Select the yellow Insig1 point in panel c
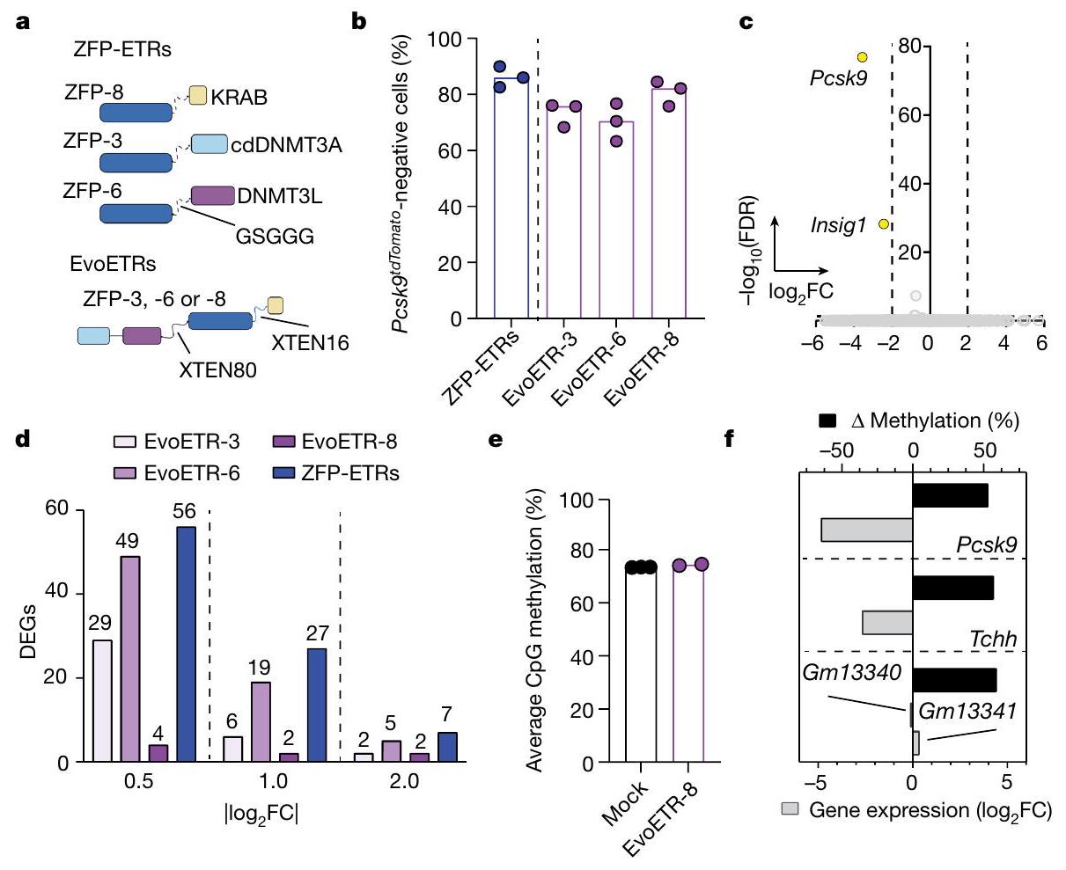(x=884, y=224)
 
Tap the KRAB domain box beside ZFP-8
(x=197, y=96)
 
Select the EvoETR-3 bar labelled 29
(x=102, y=700)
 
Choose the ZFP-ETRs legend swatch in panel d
(x=287, y=473)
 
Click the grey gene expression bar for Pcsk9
(x=866, y=530)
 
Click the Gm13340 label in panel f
(x=852, y=673)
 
